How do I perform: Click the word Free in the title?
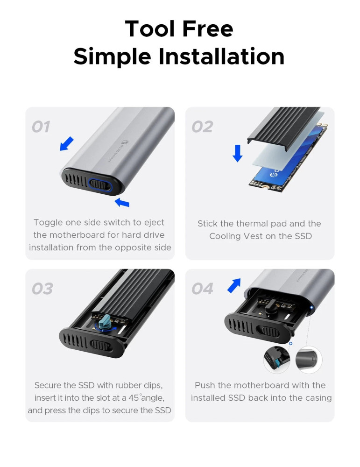(x=207, y=29)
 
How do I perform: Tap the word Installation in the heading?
(x=221, y=57)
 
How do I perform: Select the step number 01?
(x=41, y=127)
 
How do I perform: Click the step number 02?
(x=202, y=127)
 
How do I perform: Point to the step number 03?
(x=42, y=289)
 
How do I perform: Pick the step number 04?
(x=203, y=289)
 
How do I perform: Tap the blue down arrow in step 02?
(x=237, y=153)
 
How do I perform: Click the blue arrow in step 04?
(x=234, y=285)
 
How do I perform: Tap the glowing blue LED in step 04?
(x=311, y=308)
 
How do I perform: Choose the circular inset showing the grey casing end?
(x=309, y=360)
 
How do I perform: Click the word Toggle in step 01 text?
(x=48, y=223)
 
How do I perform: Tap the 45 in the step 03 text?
(x=134, y=397)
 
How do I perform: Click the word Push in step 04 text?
(x=205, y=385)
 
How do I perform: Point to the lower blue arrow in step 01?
(x=122, y=202)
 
